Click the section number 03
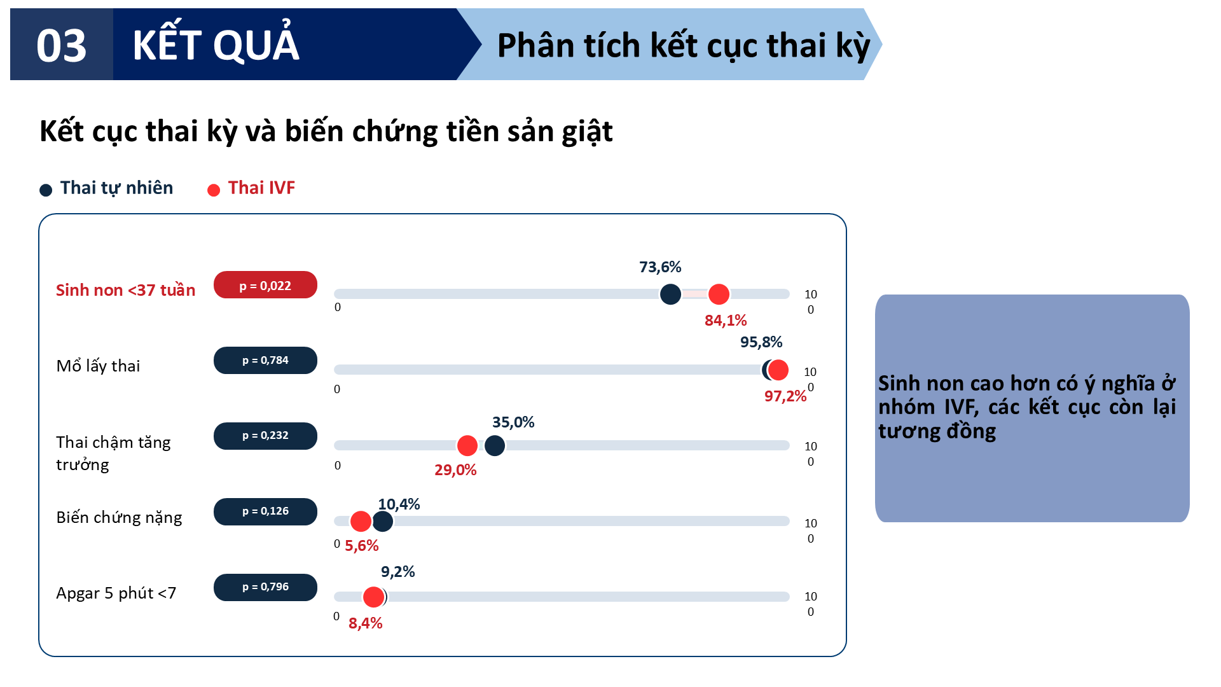tap(61, 46)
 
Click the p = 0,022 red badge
tap(265, 285)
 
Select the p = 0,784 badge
tap(265, 360)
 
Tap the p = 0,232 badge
tap(265, 436)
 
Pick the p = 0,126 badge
tap(265, 511)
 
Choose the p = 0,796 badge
tap(265, 587)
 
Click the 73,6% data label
tap(660, 267)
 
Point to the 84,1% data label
tap(726, 321)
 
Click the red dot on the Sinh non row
tap(719, 295)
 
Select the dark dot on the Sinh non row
tap(670, 295)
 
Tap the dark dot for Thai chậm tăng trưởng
tap(495, 446)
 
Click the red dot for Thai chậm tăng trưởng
tap(467, 446)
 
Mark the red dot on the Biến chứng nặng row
tap(361, 522)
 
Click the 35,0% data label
tap(513, 422)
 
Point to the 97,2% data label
tap(785, 396)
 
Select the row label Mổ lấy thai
tap(98, 366)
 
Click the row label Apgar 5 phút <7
tap(116, 593)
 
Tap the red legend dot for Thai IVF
tap(214, 190)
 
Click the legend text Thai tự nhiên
tap(116, 188)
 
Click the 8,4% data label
tap(365, 623)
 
